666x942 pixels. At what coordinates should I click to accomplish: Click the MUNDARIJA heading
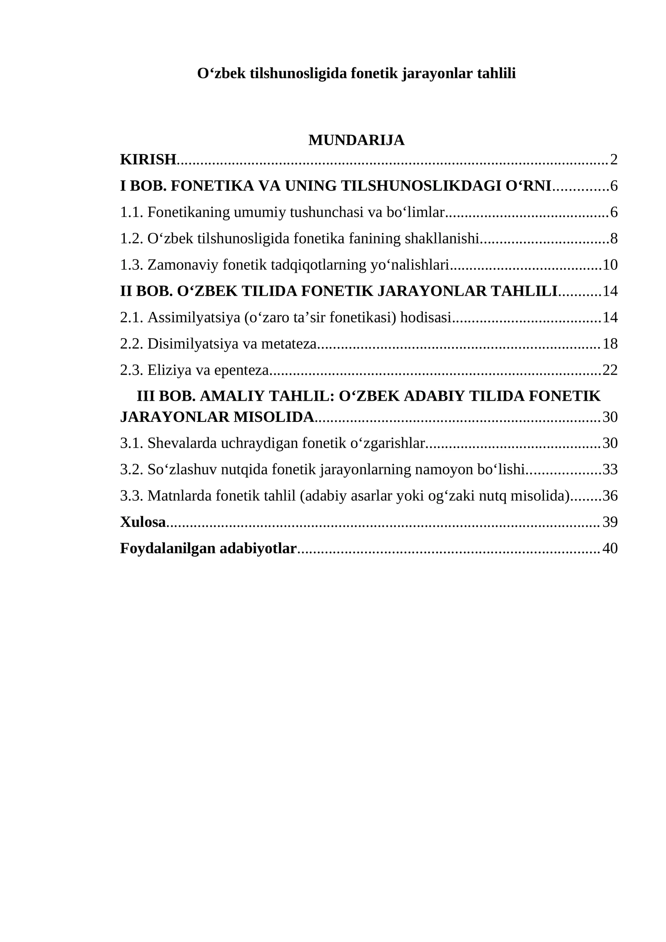(356, 140)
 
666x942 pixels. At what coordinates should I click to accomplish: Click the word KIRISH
(148, 159)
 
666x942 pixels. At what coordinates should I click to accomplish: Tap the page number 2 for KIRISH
(614, 159)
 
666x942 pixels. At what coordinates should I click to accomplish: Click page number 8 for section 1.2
(614, 239)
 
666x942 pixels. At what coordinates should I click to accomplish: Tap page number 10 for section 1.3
(610, 265)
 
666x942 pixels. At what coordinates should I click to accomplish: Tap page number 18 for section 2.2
(610, 344)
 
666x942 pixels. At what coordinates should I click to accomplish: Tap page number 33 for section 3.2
(610, 469)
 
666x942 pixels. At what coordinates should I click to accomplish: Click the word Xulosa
(143, 522)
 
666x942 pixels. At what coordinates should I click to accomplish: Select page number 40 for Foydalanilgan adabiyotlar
(610, 548)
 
